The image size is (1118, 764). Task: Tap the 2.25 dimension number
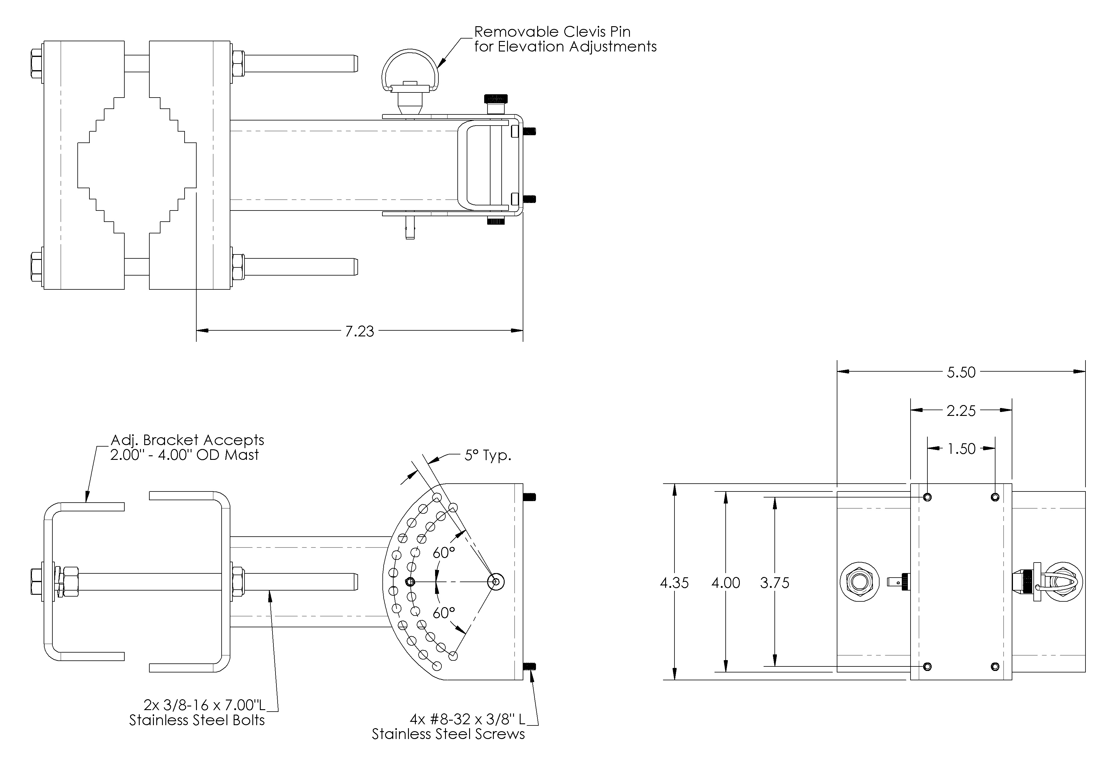pos(961,411)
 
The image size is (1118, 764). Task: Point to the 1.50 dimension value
pos(961,449)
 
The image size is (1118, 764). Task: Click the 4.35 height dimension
pos(674,583)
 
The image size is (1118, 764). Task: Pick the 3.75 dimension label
pos(774,583)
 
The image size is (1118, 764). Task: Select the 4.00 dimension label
pos(725,583)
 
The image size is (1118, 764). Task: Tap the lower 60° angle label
pos(444,613)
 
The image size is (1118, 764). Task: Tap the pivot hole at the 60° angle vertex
pos(496,582)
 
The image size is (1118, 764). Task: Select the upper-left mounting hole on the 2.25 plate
pos(927,497)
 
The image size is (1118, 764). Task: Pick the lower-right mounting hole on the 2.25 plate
pos(995,666)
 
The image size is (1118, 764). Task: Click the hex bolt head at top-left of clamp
pos(36,64)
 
